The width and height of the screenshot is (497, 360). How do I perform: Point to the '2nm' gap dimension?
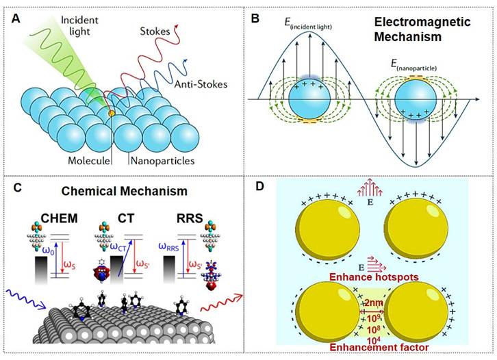375,303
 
